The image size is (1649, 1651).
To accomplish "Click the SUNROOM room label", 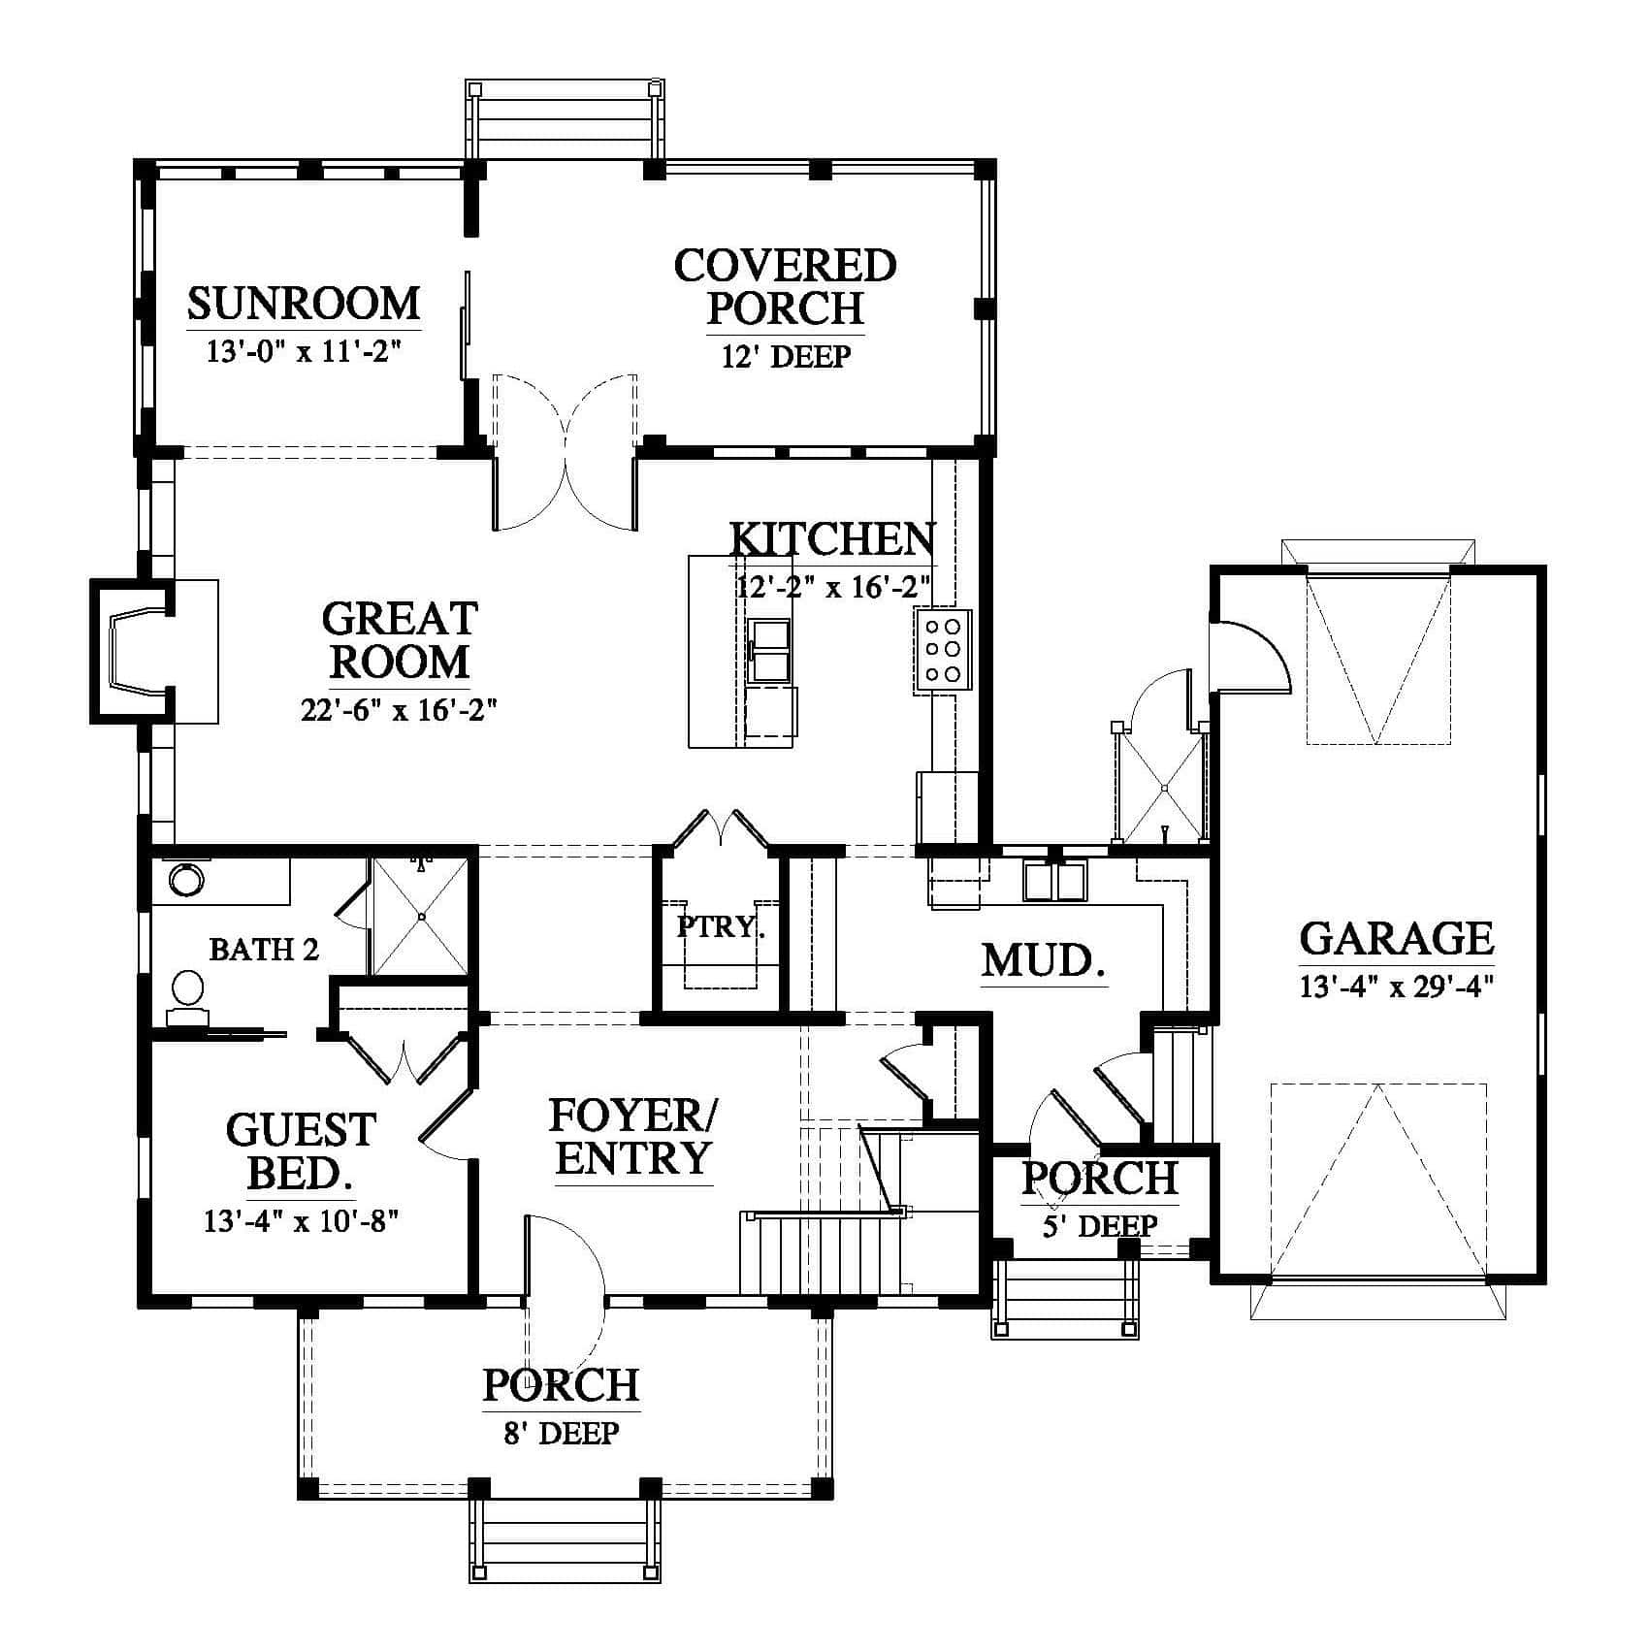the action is point(304,304).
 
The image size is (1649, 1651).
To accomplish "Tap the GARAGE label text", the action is point(1396,939).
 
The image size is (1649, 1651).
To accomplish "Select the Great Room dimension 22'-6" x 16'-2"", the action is point(399,711).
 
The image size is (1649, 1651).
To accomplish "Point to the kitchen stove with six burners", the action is point(942,650).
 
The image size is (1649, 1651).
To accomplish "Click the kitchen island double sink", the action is point(772,650).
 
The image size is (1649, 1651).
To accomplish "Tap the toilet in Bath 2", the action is point(187,997).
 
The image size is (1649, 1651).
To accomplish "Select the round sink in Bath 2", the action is point(185,881).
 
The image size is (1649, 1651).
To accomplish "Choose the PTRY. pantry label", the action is point(721,926).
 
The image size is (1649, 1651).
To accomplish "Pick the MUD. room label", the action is point(1045,961).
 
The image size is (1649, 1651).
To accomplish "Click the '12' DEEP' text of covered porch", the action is point(786,357).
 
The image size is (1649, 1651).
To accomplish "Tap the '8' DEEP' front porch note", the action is point(562,1433).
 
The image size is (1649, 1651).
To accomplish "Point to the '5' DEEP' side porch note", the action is point(1100,1226).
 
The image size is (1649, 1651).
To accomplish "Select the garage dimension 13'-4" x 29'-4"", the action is point(1396,987).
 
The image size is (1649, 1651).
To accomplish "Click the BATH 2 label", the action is point(264,949).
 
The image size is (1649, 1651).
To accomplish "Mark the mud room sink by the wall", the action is point(1054,881).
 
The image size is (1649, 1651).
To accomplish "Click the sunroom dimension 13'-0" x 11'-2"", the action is point(304,351).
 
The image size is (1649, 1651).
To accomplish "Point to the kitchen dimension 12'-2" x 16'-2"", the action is point(834,587).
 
